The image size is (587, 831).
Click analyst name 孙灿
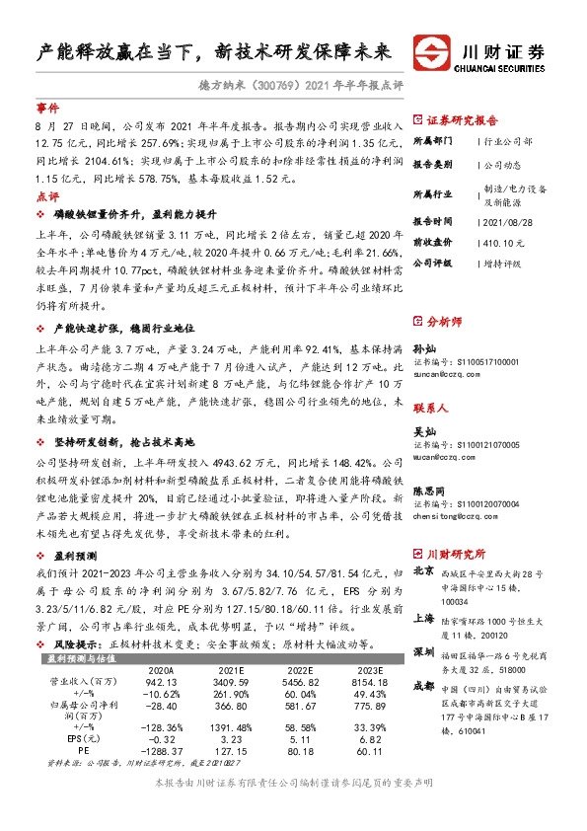(x=422, y=349)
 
